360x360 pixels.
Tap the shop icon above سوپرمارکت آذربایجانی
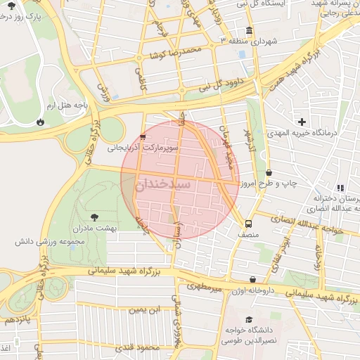pyautogui.click(x=143, y=138)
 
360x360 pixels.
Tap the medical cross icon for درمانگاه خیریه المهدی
pyautogui.click(x=302, y=122)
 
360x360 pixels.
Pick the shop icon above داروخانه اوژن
pyautogui.click(x=253, y=279)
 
